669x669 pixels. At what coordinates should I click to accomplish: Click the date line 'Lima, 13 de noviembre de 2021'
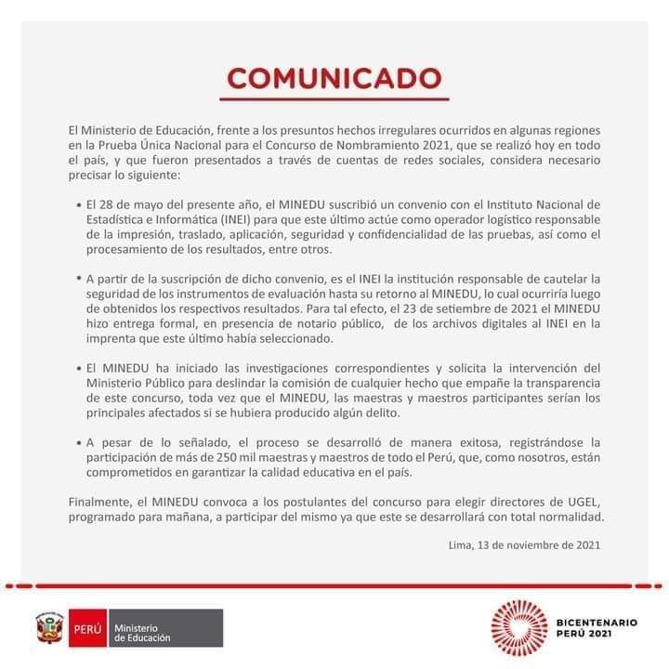pyautogui.click(x=524, y=545)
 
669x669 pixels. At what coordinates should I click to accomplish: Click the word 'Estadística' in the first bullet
pyautogui.click(x=116, y=217)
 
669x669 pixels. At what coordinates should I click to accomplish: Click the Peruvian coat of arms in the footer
pyautogui.click(x=47, y=629)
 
